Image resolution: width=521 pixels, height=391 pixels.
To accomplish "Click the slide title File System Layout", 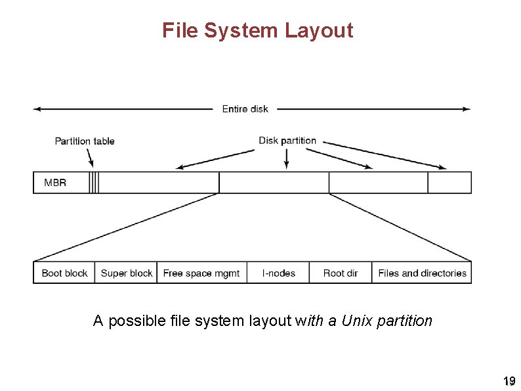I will pyautogui.click(x=257, y=30).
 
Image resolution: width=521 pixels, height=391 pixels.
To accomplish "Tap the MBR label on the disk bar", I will pyautogui.click(x=55, y=183).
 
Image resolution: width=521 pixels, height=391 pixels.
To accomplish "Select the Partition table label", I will pyautogui.click(x=85, y=141).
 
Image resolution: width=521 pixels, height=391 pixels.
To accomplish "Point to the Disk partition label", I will pyautogui.click(x=287, y=141).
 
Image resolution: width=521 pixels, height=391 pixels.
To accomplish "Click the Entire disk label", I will pyautogui.click(x=245, y=109).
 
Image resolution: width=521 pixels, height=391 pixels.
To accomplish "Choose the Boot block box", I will pyautogui.click(x=64, y=273).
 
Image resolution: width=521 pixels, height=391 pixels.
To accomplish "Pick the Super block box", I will pyautogui.click(x=126, y=273).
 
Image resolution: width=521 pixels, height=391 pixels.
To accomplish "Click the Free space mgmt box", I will pyautogui.click(x=201, y=273).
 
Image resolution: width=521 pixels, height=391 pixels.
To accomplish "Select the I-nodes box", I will pyautogui.click(x=279, y=273).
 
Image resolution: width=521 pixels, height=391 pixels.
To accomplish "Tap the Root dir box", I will pyautogui.click(x=341, y=273).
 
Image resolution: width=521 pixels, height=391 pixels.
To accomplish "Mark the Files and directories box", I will pyautogui.click(x=422, y=273).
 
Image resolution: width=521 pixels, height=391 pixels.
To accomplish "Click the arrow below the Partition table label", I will pyautogui.click(x=91, y=158).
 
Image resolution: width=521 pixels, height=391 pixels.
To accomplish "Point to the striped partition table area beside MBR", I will pyautogui.click(x=94, y=183).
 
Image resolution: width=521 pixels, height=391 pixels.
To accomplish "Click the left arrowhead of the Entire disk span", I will pyautogui.click(x=37, y=109).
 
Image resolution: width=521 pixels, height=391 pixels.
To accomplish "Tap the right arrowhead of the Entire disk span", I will pyautogui.click(x=467, y=109).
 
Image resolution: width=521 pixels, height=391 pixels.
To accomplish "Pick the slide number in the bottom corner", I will pyautogui.click(x=508, y=381).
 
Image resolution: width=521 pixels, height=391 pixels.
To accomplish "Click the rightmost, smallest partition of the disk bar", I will pyautogui.click(x=449, y=183).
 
